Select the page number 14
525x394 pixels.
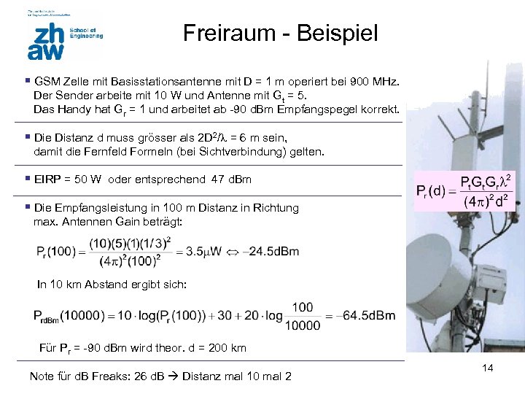click(488, 368)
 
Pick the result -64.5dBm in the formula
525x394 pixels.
click(369, 316)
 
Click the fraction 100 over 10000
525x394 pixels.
click(302, 315)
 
